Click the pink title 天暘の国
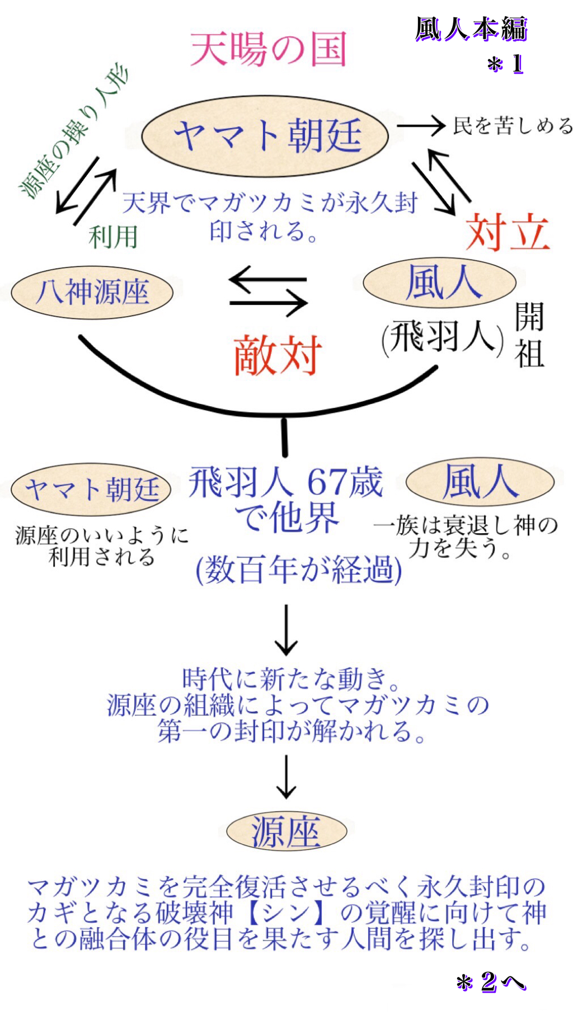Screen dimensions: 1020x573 click(269, 49)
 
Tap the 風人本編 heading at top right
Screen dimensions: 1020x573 click(471, 29)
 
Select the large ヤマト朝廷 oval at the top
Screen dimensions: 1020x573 click(265, 136)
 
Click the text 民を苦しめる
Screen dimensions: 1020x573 click(512, 125)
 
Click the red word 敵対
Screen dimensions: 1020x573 click(278, 355)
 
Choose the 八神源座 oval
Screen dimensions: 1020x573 click(92, 292)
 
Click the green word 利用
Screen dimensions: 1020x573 click(113, 237)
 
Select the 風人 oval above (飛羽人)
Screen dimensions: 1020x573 click(439, 283)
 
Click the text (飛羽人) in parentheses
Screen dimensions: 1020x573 click(442, 337)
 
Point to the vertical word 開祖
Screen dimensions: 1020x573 click(529, 335)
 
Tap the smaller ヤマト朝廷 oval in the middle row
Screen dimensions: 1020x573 click(91, 490)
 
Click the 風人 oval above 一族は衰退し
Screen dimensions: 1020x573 click(480, 482)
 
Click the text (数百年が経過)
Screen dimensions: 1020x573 click(299, 570)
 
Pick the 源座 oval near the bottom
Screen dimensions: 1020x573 click(286, 831)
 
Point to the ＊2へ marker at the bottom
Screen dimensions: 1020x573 click(491, 982)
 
